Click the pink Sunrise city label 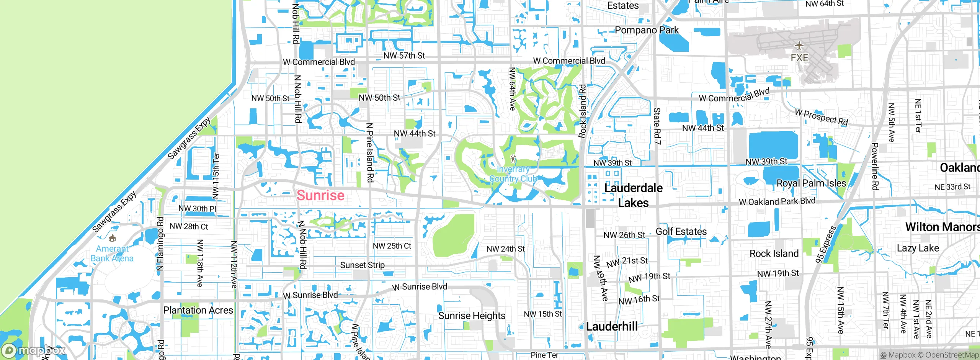pyautogui.click(x=320, y=195)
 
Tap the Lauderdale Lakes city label pyautogui.click(x=633, y=195)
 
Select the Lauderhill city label pyautogui.click(x=612, y=327)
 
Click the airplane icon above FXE pyautogui.click(x=799, y=46)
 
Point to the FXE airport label pyautogui.click(x=799, y=58)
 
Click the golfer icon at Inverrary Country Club pyautogui.click(x=513, y=159)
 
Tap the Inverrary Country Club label pyautogui.click(x=513, y=174)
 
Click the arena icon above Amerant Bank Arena pyautogui.click(x=112, y=239)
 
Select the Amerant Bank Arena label pyautogui.click(x=112, y=254)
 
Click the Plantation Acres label pyautogui.click(x=198, y=310)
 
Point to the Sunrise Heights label pyautogui.click(x=472, y=316)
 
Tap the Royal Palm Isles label pyautogui.click(x=811, y=183)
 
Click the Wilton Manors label pyautogui.click(x=942, y=227)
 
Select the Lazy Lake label pyautogui.click(x=918, y=248)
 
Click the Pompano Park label pyautogui.click(x=647, y=30)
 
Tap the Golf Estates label pyautogui.click(x=681, y=232)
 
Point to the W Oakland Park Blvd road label pyautogui.click(x=777, y=201)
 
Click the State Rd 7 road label pyautogui.click(x=657, y=126)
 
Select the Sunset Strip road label pyautogui.click(x=362, y=265)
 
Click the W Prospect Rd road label pyautogui.click(x=822, y=117)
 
